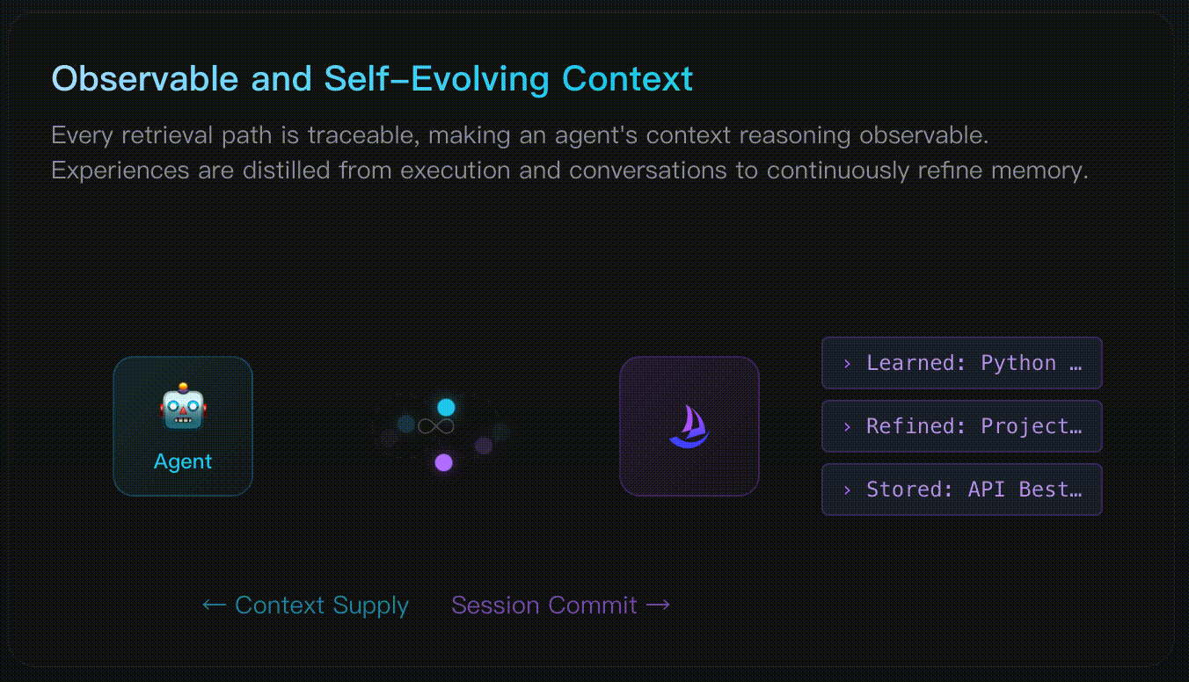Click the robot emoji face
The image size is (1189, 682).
tap(183, 406)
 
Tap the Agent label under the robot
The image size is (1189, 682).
tap(183, 462)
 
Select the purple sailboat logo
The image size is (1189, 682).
tap(689, 426)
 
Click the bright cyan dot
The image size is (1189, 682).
tap(446, 407)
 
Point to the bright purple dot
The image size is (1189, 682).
tap(444, 462)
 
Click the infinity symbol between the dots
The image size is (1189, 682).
tap(436, 426)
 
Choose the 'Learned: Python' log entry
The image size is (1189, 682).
tap(962, 363)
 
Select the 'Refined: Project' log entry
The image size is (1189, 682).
tap(962, 426)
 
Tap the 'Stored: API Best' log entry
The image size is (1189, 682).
tap(962, 489)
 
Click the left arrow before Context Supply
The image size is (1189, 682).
tap(215, 606)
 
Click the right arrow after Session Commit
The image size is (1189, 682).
tap(658, 606)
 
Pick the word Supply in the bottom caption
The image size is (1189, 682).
tap(370, 606)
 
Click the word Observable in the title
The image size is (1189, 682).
tap(145, 78)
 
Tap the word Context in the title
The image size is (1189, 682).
tap(627, 78)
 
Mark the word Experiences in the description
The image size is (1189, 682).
tap(120, 171)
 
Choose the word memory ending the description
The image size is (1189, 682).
tap(1039, 171)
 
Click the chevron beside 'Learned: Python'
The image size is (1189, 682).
tap(847, 363)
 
